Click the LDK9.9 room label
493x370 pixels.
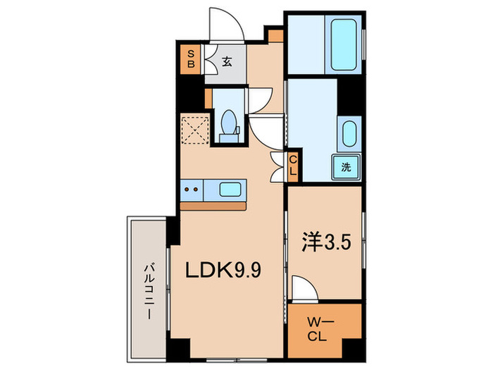pos(223,270)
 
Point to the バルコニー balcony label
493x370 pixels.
pos(149,290)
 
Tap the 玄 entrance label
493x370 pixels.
pos(227,61)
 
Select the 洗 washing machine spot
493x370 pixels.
pos(347,167)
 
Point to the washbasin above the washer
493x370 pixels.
pos(349,133)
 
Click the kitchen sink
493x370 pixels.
pos(230,189)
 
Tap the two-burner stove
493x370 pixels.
pos(190,189)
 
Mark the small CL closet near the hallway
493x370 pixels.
pos(294,168)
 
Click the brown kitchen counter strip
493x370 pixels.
pos(213,206)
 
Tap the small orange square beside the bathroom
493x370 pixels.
pos(275,35)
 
